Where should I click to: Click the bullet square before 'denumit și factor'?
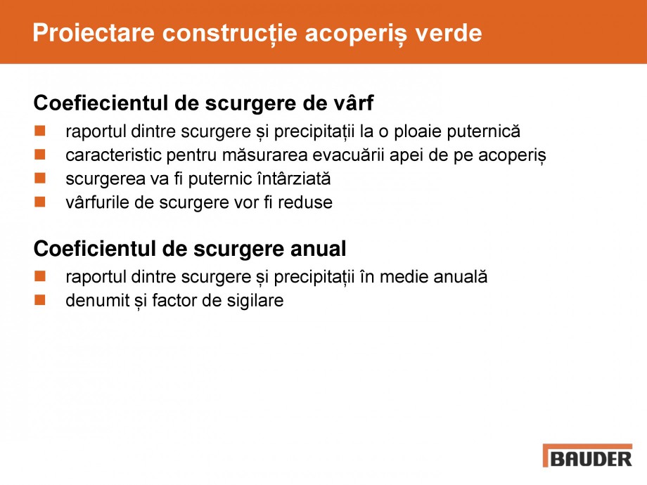tap(40, 301)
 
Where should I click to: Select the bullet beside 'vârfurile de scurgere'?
tap(40, 202)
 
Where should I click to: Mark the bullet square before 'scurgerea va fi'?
tap(40, 179)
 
